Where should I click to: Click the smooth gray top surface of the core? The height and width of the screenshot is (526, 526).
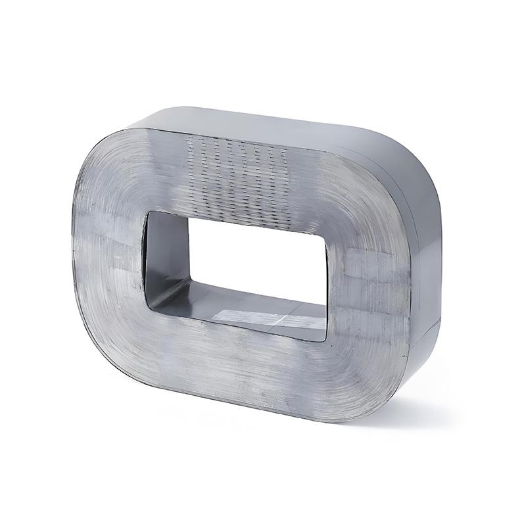[x=276, y=125]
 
